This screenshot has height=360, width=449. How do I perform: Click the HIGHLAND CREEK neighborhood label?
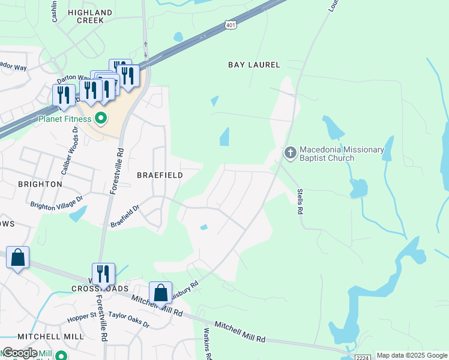click(x=90, y=16)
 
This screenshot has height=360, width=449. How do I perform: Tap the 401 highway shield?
click(x=231, y=25)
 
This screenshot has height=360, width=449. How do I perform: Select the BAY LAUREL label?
click(x=254, y=65)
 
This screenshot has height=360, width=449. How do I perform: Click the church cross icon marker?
click(x=290, y=152)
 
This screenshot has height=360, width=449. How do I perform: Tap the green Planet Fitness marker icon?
click(x=101, y=118)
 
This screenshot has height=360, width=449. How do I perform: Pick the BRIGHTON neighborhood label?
click(x=40, y=184)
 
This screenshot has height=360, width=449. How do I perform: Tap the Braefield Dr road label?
click(x=125, y=217)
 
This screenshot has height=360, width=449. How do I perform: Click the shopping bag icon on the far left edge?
click(x=18, y=258)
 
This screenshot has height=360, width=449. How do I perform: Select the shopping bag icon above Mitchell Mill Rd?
click(x=160, y=293)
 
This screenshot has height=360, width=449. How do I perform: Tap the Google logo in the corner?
click(x=19, y=353)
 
